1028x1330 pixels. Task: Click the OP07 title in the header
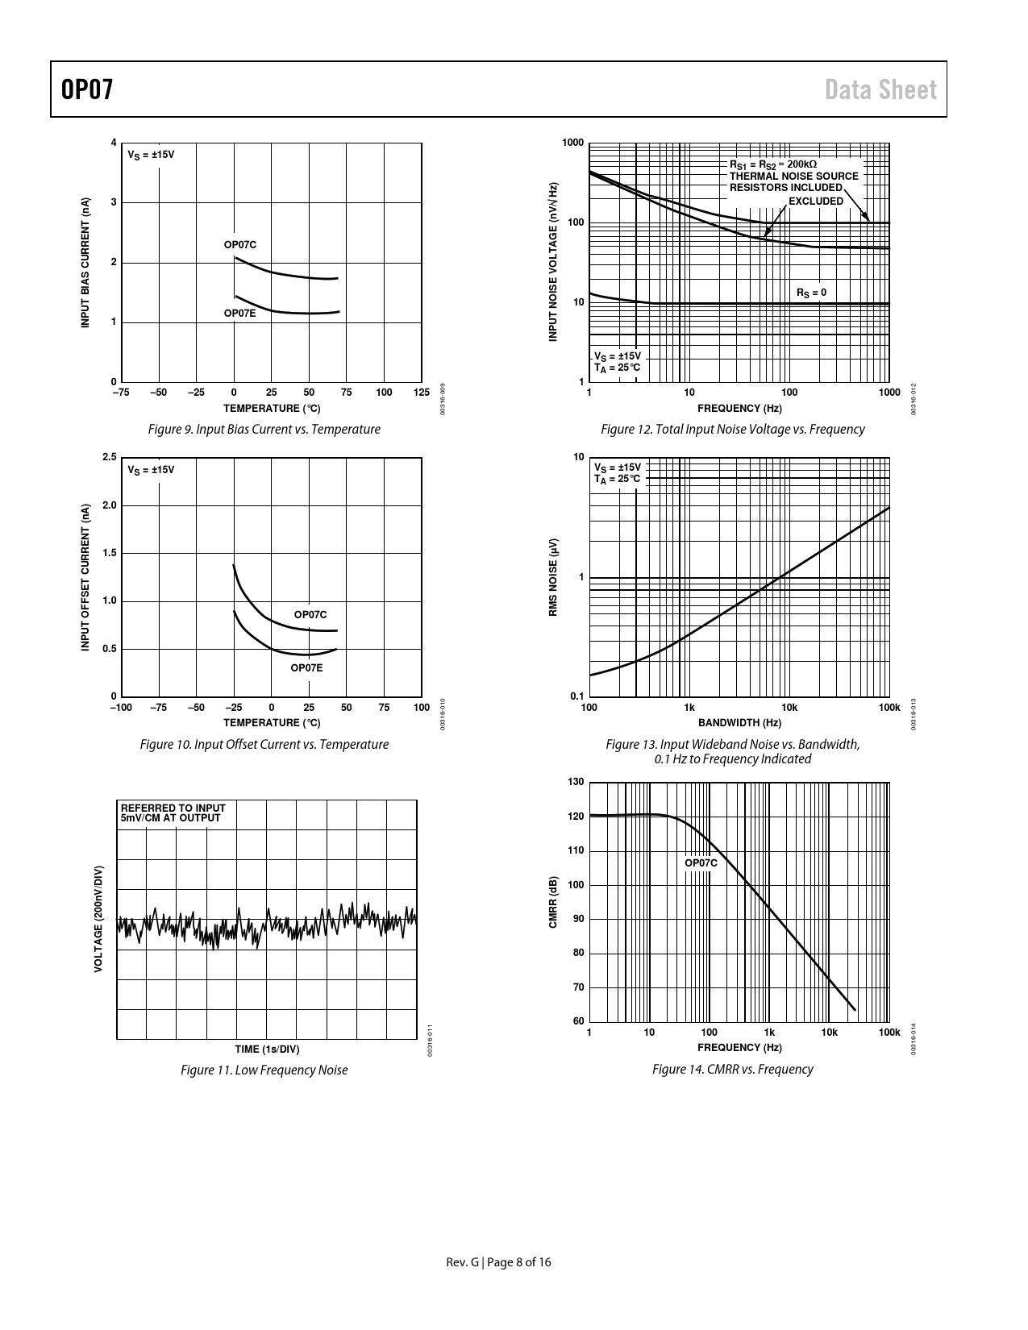(x=87, y=89)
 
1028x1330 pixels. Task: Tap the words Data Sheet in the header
(x=880, y=89)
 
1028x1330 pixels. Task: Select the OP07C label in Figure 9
(x=240, y=244)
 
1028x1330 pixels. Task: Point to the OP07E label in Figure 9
(x=240, y=313)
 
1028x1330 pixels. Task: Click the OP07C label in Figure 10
(x=310, y=614)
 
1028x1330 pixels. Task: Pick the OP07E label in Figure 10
(x=306, y=667)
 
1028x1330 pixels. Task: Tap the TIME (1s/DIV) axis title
(x=267, y=1049)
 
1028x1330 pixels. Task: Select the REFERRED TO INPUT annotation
(x=173, y=808)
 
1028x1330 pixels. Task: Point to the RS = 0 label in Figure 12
(x=811, y=293)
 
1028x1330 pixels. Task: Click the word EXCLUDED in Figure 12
(x=816, y=201)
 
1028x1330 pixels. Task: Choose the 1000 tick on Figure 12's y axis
(x=573, y=143)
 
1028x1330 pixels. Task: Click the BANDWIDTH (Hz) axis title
(x=739, y=722)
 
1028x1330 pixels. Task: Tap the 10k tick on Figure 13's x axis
(x=789, y=708)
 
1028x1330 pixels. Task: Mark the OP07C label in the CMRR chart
(x=701, y=862)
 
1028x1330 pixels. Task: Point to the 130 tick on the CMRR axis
(x=576, y=782)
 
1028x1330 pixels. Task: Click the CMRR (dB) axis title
(x=553, y=902)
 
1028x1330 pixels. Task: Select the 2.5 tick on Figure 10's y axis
(x=110, y=458)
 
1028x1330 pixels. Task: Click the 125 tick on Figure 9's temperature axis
(x=421, y=393)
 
